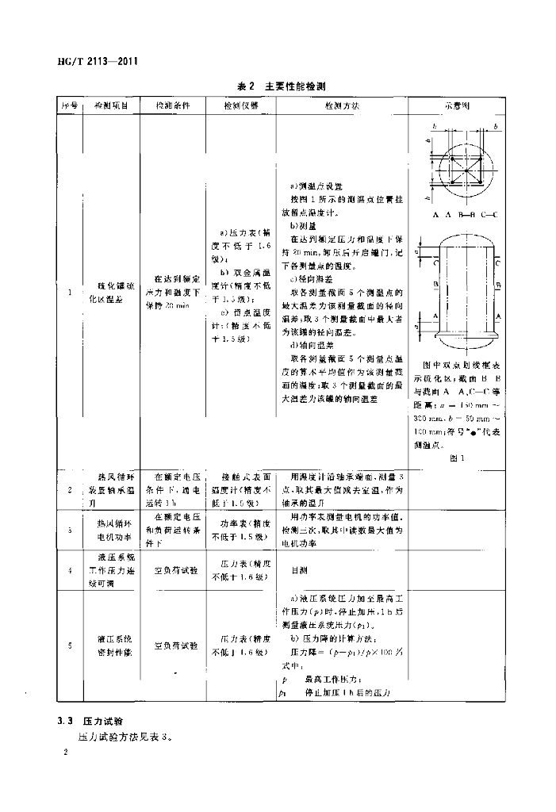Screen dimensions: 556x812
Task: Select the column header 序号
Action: [x=69, y=105]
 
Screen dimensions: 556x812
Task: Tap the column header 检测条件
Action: [x=173, y=105]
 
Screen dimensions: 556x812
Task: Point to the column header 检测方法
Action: [x=342, y=105]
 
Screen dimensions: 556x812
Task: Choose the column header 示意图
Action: [x=455, y=105]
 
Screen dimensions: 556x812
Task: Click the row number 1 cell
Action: [x=70, y=293]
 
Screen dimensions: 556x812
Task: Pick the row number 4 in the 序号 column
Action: [x=70, y=570]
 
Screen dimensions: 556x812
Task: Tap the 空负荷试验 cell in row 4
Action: [x=173, y=570]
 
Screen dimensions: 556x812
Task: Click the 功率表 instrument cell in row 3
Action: [x=240, y=530]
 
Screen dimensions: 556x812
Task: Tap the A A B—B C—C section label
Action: [x=455, y=215]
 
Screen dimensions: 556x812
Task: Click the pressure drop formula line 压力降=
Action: [x=341, y=650]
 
